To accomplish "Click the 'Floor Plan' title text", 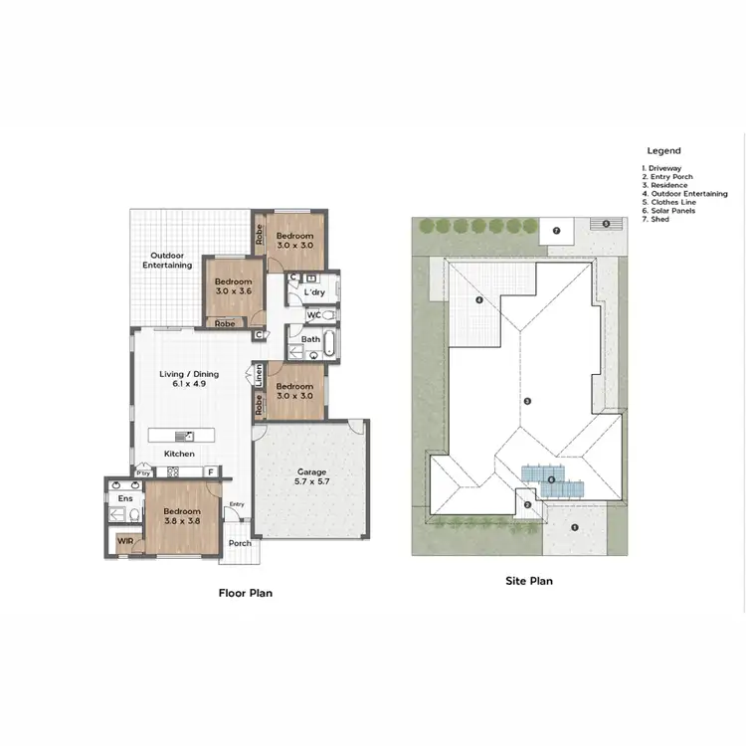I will click(245, 593).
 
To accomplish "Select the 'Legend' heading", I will click(663, 151).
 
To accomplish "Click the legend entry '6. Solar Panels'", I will click(671, 211).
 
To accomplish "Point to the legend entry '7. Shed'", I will click(658, 219).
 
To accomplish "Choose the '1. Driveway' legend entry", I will click(667, 168).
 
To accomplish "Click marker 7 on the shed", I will click(557, 231).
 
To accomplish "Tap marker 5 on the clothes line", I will click(605, 224).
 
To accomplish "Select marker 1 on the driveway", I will click(574, 527).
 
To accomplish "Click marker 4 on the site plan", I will click(479, 299).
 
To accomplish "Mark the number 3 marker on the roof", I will click(528, 401).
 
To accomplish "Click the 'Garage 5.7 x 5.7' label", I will click(312, 476).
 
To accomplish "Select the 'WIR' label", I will click(125, 541).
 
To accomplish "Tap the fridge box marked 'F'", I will click(210, 472).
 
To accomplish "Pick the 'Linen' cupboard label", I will click(258, 375).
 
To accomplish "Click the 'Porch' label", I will click(240, 543).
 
